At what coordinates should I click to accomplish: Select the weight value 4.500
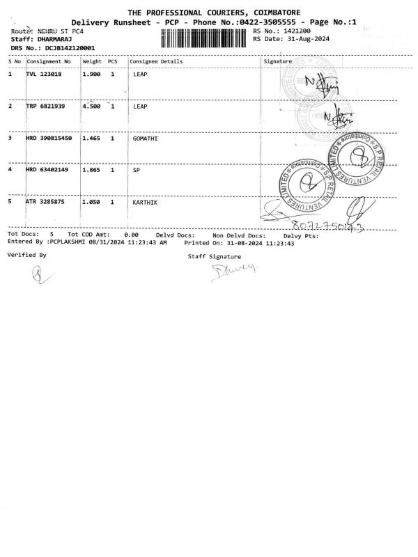(93, 107)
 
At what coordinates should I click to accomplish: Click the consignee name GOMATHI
(146, 139)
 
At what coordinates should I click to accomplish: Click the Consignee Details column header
(157, 61)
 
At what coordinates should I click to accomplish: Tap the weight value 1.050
(93, 201)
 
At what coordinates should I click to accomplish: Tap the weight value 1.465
(93, 139)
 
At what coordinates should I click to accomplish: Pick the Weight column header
(92, 61)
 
